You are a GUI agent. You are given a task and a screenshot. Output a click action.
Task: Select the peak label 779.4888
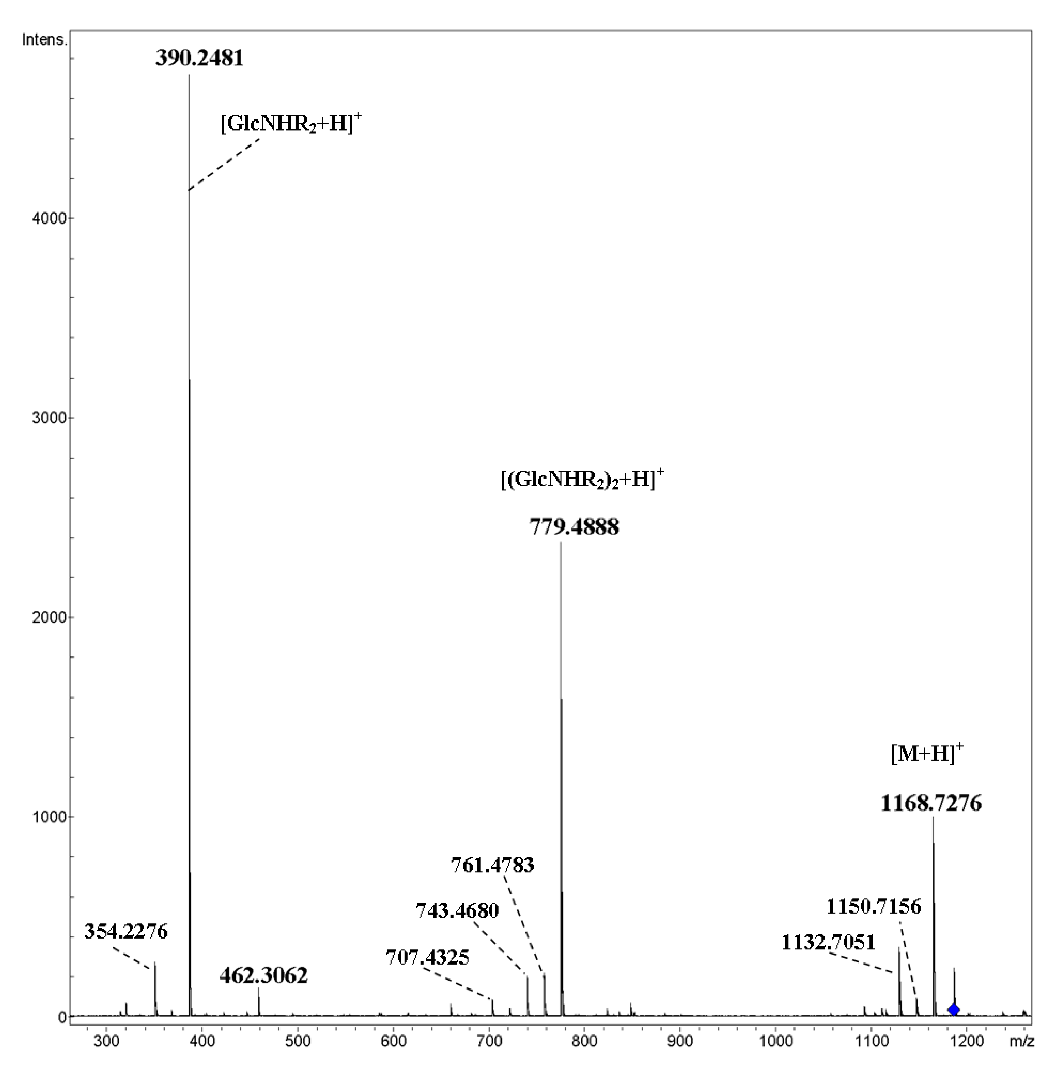pos(575,527)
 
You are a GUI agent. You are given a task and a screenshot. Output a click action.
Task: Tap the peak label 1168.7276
pos(931,803)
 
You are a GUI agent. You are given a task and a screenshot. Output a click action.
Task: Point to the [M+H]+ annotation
pos(926,753)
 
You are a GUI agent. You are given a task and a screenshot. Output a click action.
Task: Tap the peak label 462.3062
pos(263,976)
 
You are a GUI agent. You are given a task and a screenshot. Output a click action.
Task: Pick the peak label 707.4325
pos(428,957)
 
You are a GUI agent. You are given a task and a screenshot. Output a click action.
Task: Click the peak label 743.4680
pos(457,910)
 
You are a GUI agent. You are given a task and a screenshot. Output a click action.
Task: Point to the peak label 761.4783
pos(493,865)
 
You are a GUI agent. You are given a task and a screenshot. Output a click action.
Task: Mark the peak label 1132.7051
pos(828,942)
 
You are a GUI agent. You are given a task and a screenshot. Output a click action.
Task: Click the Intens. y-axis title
pos(44,40)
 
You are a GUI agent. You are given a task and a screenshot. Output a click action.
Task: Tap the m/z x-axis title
pos(1021,1042)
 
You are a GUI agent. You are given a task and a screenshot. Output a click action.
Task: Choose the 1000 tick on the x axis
pos(776,1042)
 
